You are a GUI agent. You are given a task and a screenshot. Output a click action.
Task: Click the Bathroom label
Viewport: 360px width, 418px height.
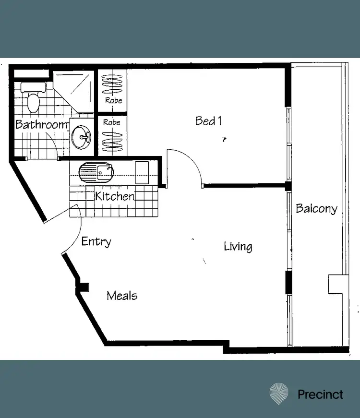point(41,125)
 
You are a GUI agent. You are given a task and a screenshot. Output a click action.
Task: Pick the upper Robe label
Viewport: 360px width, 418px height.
point(113,101)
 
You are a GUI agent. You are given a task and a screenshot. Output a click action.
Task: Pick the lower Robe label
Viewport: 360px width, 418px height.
point(112,122)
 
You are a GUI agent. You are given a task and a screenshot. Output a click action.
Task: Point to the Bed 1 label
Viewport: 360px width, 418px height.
point(208,121)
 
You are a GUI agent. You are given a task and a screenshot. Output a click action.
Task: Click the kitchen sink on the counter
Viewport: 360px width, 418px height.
point(96,172)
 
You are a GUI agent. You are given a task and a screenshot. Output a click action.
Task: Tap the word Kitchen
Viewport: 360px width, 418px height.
point(114,196)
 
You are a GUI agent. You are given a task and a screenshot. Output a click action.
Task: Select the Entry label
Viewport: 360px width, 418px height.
point(96,241)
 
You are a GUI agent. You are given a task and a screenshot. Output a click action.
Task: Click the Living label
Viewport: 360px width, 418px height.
point(238,247)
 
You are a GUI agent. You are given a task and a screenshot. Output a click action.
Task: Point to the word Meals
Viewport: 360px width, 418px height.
point(122,296)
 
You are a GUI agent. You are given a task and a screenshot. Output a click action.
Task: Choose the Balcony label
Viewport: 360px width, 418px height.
point(316,209)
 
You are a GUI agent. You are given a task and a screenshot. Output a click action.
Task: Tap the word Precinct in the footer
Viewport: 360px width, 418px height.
point(320,394)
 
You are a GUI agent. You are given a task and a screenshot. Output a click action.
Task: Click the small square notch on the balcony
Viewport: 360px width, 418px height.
point(336,284)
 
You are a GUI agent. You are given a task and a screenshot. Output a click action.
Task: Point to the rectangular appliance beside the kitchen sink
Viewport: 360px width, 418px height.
point(142,173)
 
